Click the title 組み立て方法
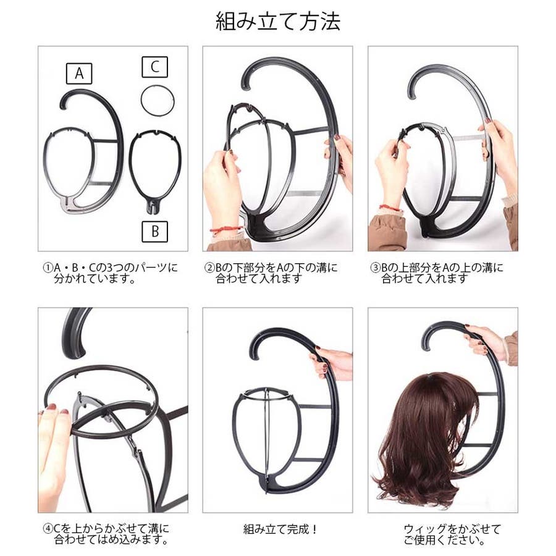click(x=278, y=21)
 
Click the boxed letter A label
click(x=79, y=74)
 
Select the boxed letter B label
click(x=154, y=232)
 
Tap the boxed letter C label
click(x=154, y=67)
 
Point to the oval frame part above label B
click(x=130, y=167)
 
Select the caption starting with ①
click(x=110, y=272)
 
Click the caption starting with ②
click(x=271, y=272)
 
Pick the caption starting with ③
click(x=437, y=272)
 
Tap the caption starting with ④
click(x=106, y=534)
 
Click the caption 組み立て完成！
click(x=280, y=529)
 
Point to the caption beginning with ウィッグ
click(x=452, y=535)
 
